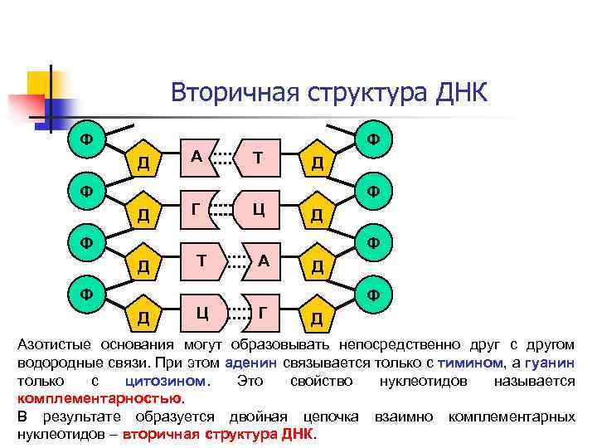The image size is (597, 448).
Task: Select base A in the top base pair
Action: pos(197,157)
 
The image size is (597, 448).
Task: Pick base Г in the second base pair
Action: pos(197,208)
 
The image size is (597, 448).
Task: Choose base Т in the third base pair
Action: pos(201,260)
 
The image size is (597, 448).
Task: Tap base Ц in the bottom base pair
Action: pos(201,312)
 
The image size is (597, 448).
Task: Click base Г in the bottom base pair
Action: pos(263,312)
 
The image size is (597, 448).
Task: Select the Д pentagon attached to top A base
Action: pos(144,160)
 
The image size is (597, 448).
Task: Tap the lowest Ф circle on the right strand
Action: pos(374,294)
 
